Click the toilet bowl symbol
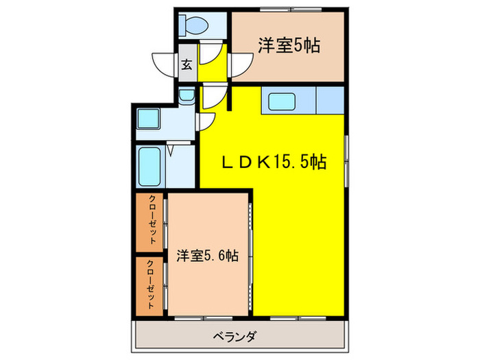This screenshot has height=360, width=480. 195,26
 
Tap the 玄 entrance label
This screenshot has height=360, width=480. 187,66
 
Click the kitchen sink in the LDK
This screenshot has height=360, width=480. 282,103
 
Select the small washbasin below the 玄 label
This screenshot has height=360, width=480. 186,96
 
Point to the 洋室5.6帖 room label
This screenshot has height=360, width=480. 207,256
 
